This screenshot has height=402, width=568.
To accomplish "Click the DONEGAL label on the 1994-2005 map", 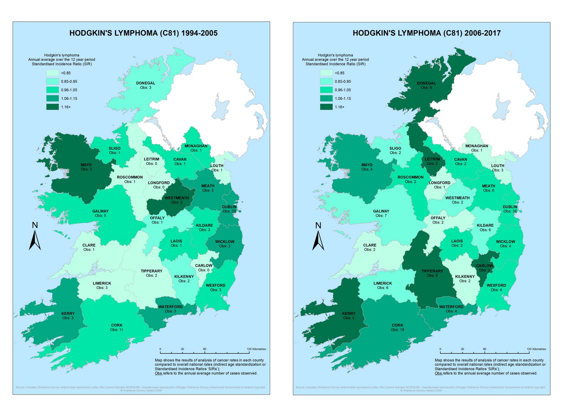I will click(x=146, y=83).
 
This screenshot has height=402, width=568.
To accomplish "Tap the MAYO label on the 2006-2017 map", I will click(x=367, y=165).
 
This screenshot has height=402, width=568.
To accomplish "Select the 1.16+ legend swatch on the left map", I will click(x=52, y=107).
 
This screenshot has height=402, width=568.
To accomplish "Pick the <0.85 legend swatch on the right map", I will click(x=326, y=73).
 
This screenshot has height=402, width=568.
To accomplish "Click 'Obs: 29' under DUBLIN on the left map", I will click(x=229, y=211).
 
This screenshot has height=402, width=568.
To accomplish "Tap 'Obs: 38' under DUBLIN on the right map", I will click(x=510, y=211).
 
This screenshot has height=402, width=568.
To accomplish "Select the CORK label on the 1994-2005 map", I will click(x=116, y=325).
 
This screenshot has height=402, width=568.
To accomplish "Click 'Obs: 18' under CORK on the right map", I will click(x=397, y=330).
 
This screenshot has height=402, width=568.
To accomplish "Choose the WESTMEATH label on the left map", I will click(x=177, y=198).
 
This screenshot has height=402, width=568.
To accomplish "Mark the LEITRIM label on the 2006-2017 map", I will click(x=432, y=159).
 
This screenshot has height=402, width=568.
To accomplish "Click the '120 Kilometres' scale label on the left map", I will click(x=256, y=349).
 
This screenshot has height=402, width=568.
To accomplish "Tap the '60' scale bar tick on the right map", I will click(x=485, y=349).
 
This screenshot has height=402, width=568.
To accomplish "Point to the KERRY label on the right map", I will click(x=349, y=314).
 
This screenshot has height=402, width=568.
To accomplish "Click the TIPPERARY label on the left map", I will click(x=151, y=271).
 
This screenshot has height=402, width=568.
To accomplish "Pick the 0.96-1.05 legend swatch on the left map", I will click(x=52, y=90).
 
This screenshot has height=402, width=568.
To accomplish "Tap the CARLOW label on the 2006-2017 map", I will click(x=484, y=266).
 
